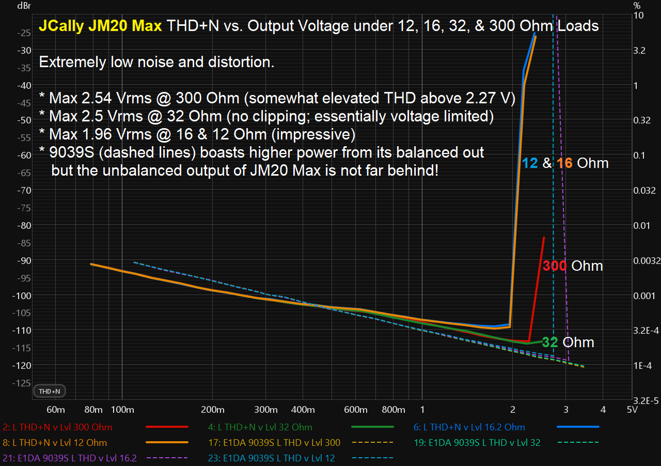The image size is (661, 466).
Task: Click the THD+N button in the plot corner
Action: pyautogui.click(x=49, y=391)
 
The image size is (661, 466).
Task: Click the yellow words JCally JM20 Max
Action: pyautogui.click(x=100, y=26)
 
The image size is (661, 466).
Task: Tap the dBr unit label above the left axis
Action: pyautogui.click(x=24, y=6)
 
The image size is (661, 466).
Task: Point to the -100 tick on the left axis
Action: pyautogui.click(x=22, y=296)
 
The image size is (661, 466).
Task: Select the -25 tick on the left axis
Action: pyautogui.click(x=24, y=33)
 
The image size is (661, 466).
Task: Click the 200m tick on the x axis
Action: pyautogui.click(x=212, y=410)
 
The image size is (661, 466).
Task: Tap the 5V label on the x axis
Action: pyautogui.click(x=632, y=410)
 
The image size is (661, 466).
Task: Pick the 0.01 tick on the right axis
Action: pyautogui.click(x=642, y=226)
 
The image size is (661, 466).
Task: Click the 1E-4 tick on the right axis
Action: pyautogui.click(x=642, y=366)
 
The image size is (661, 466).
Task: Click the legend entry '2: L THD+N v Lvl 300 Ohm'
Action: pyautogui.click(x=57, y=427)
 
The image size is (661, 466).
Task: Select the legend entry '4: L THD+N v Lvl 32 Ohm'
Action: pyautogui.click(x=260, y=427)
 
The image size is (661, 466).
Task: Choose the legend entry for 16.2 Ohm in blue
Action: pyautogui.click(x=469, y=427)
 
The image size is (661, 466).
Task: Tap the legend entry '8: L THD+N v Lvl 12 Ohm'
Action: pyautogui.click(x=55, y=442)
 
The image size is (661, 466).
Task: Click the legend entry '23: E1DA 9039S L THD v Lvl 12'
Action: pyautogui.click(x=272, y=458)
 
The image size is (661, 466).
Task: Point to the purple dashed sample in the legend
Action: pyautogui.click(x=167, y=458)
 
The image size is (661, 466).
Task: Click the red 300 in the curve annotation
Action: pyautogui.click(x=555, y=266)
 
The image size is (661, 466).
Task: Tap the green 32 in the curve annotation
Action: pyautogui.click(x=550, y=342)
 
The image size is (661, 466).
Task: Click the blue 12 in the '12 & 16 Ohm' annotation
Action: pyautogui.click(x=530, y=163)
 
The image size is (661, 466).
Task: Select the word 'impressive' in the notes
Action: pyautogui.click(x=313, y=135)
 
